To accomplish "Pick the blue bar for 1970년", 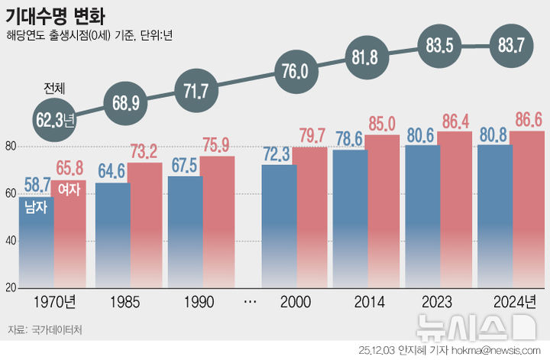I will click(x=37, y=245).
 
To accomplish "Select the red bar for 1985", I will click(x=144, y=229).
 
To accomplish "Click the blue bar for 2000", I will click(x=278, y=229).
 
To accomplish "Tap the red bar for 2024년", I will click(x=527, y=214).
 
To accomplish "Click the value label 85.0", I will click(x=382, y=122).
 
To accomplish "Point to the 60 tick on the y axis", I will click(x=11, y=193).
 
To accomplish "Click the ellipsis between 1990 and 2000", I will click(x=249, y=303).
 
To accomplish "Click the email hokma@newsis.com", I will click(x=489, y=350).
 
